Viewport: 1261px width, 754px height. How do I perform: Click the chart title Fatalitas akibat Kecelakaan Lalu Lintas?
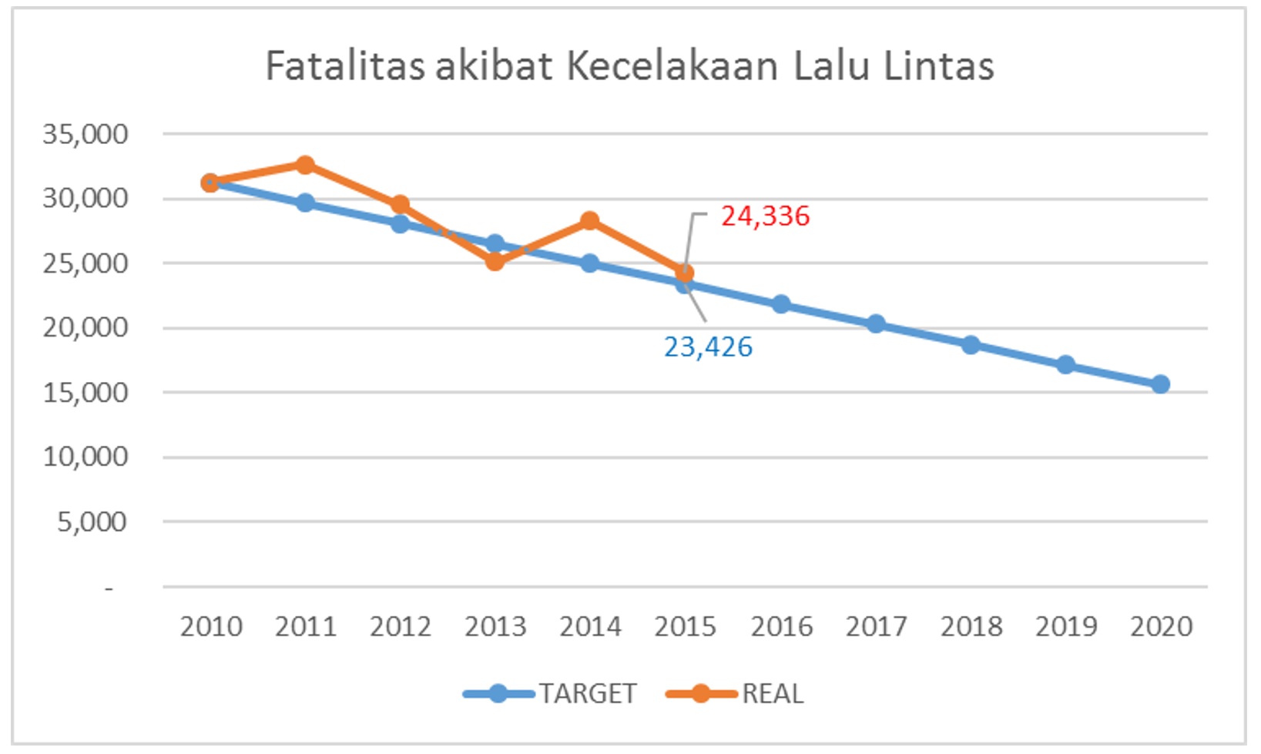(629, 66)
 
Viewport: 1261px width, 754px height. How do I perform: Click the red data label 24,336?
(765, 216)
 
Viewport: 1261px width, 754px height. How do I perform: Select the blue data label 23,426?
(708, 347)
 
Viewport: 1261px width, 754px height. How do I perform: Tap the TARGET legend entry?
(587, 694)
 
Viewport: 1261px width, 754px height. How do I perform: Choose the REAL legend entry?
(772, 694)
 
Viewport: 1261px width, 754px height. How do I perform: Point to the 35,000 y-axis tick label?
(86, 135)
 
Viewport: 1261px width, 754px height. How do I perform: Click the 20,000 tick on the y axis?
(86, 328)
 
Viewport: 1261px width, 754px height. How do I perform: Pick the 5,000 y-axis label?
(92, 522)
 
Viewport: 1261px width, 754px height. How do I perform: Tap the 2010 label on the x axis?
(211, 627)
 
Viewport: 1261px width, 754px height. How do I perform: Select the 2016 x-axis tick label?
(781, 627)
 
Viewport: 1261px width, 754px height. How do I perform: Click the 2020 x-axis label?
(1161, 627)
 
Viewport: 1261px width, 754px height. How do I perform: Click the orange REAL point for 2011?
(305, 165)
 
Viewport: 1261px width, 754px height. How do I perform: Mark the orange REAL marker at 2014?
(590, 222)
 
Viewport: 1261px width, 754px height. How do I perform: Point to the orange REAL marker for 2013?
(495, 262)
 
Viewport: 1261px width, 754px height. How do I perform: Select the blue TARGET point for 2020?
(1161, 384)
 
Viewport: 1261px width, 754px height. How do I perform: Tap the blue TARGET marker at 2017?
(876, 324)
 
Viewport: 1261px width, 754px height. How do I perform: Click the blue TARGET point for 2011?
(305, 203)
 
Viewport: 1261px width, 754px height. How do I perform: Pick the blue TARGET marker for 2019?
(1066, 364)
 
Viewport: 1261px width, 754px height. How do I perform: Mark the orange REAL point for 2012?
(400, 205)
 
